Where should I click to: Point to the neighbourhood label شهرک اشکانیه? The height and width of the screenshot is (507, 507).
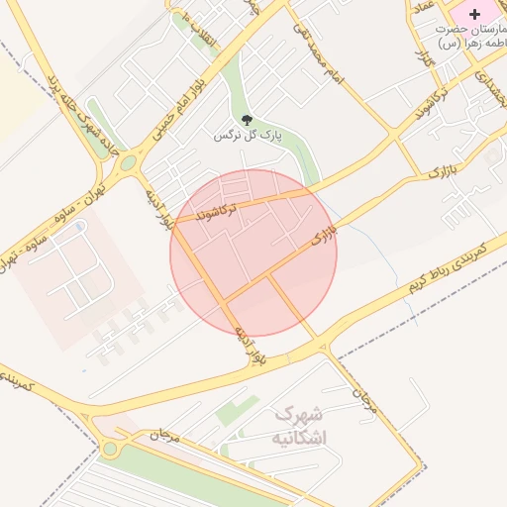[302, 425]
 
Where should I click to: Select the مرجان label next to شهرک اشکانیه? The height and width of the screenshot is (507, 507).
[365, 395]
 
